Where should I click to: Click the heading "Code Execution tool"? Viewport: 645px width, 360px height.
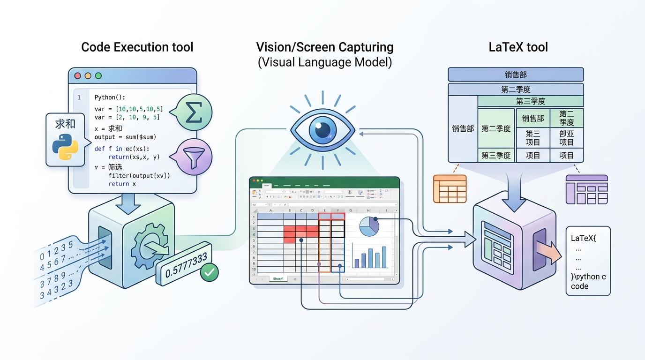pos(137,47)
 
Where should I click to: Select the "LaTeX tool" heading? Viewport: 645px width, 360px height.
pos(518,47)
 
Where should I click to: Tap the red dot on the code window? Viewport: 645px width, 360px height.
pos(78,75)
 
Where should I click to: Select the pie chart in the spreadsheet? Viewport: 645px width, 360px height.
pos(369,226)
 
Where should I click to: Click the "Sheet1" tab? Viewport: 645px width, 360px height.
pos(278,279)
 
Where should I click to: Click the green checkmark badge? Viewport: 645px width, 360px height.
pos(209,272)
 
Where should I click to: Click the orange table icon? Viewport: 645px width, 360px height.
pos(450,188)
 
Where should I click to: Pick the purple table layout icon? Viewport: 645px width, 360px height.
pos(586,189)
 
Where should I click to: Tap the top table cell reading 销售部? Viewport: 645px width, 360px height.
pos(516,75)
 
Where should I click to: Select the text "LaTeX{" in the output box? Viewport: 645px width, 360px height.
pos(584,238)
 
